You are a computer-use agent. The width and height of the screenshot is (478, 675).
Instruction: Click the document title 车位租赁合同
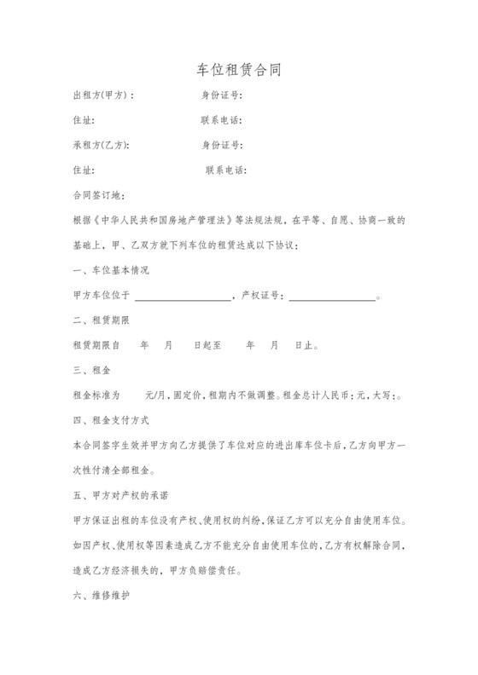click(x=238, y=69)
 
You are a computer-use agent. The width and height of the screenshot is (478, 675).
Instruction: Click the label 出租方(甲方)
click(x=103, y=95)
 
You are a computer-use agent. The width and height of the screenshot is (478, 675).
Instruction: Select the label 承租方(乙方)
click(x=102, y=145)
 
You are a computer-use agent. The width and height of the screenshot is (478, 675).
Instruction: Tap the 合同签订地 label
click(x=99, y=195)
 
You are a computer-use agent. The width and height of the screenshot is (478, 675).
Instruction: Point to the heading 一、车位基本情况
click(x=111, y=270)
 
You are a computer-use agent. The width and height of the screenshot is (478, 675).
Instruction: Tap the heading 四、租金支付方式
click(x=111, y=420)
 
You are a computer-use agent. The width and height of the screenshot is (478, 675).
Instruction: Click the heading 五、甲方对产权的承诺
click(x=121, y=494)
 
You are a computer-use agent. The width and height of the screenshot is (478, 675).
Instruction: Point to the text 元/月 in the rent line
click(x=155, y=395)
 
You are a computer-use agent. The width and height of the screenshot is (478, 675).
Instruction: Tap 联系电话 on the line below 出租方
click(x=221, y=120)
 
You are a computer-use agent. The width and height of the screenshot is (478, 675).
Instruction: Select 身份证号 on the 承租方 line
click(x=222, y=145)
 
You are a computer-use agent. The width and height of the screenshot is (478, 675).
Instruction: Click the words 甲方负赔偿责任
click(x=210, y=569)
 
